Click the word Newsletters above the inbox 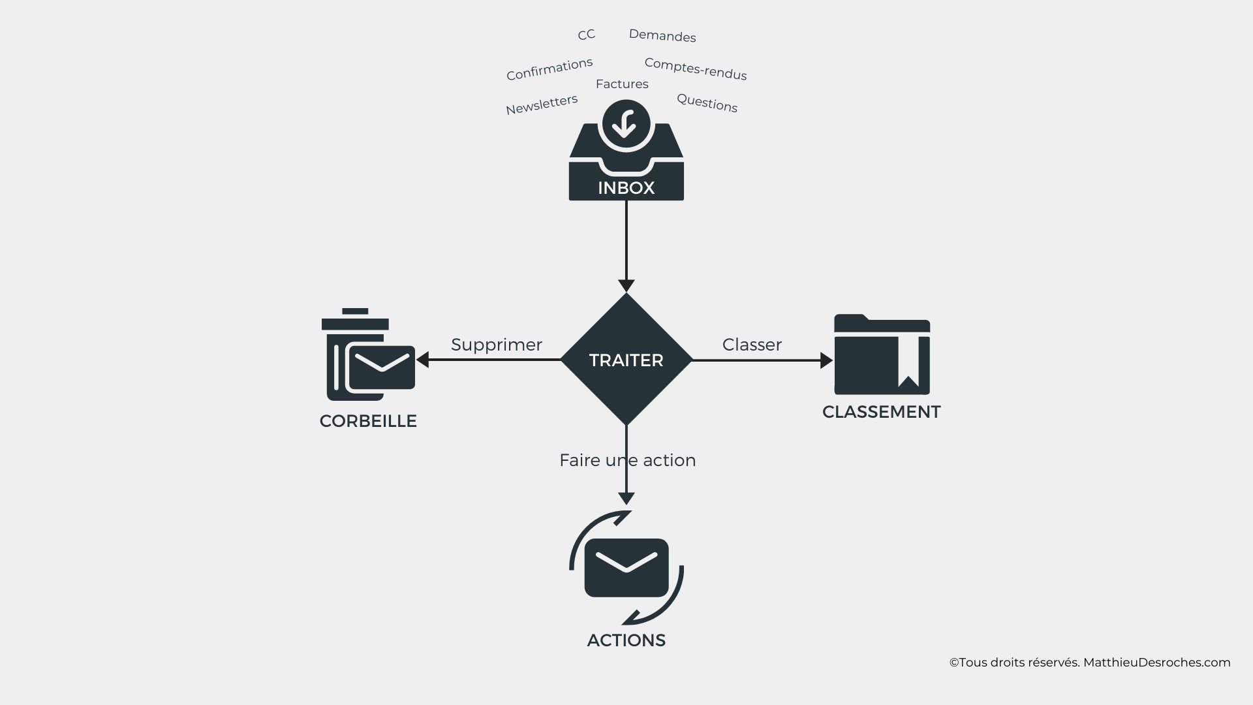click(x=542, y=104)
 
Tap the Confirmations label click(x=549, y=69)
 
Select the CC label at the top click(x=586, y=35)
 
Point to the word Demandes click(x=662, y=36)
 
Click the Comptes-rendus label click(x=695, y=69)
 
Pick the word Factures click(x=622, y=84)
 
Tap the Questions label click(x=707, y=103)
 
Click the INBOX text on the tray click(x=626, y=188)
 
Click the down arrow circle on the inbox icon click(x=626, y=123)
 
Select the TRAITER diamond click(x=626, y=360)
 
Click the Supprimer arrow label click(x=496, y=345)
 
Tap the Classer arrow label click(x=752, y=345)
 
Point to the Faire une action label click(x=627, y=460)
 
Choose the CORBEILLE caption click(x=368, y=421)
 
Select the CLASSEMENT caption click(x=881, y=412)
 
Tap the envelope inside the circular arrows click(x=626, y=567)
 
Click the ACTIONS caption click(x=626, y=640)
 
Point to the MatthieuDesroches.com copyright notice click(x=1089, y=663)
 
